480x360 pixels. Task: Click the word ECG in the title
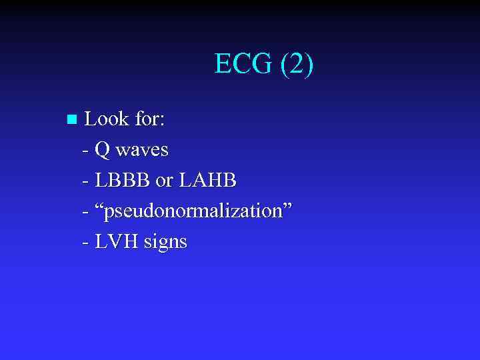click(x=243, y=65)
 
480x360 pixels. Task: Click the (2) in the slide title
click(x=297, y=65)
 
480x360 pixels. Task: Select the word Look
click(x=107, y=119)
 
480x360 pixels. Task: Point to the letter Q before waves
click(x=103, y=150)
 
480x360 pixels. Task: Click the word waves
click(x=142, y=151)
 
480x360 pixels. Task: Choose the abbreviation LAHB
click(x=209, y=181)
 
